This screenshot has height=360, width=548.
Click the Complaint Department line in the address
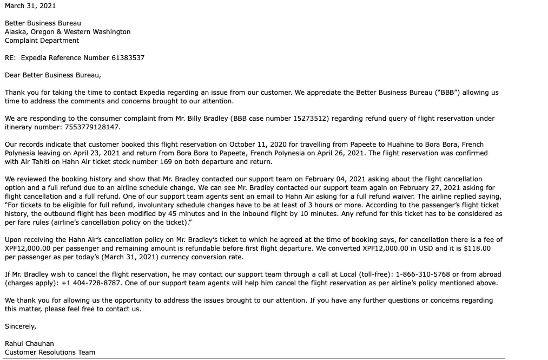point(42,41)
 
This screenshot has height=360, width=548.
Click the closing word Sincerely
point(21,326)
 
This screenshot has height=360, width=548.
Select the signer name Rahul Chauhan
point(29,344)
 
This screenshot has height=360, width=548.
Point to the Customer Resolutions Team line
point(50,352)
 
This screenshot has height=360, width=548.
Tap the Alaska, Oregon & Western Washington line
point(68,32)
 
